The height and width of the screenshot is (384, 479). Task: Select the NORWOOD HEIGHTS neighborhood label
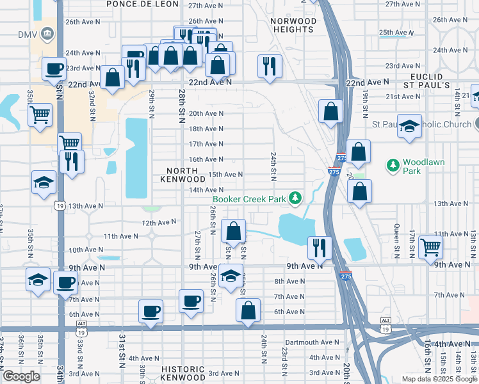point(293,26)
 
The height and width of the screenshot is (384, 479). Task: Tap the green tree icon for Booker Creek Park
point(295,198)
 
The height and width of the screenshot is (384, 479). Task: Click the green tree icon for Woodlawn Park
point(393,166)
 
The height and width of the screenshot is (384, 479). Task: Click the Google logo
point(21,376)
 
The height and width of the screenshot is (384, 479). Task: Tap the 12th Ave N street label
point(159,222)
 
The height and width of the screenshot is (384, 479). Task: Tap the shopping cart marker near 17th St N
point(431,246)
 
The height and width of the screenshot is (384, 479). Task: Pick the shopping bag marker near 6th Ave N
point(248,310)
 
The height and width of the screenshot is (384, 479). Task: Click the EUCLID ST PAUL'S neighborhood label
point(426,81)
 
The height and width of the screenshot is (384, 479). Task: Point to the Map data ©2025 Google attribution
point(439,379)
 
